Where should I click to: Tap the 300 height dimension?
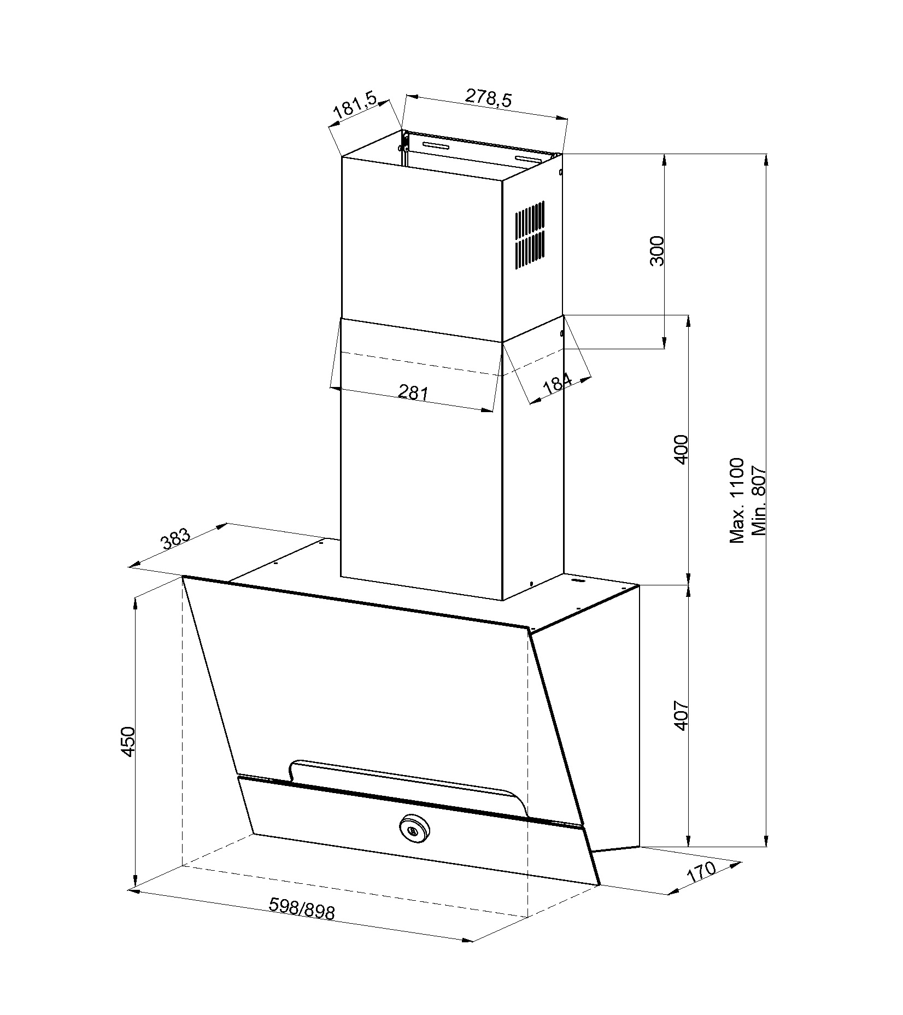tap(657, 251)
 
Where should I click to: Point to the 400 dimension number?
tap(681, 449)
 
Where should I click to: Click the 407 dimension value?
tap(681, 715)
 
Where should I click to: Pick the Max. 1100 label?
tap(737, 500)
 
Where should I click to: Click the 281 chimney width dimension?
tap(413, 392)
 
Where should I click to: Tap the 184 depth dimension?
tap(557, 384)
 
